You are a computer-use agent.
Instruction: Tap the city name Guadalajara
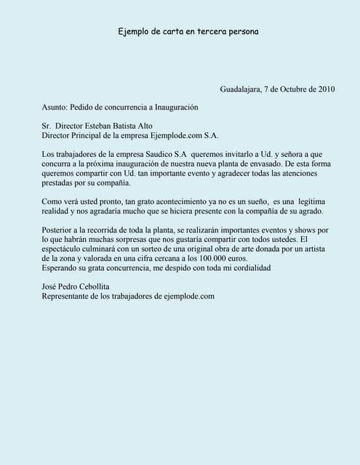(241, 89)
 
